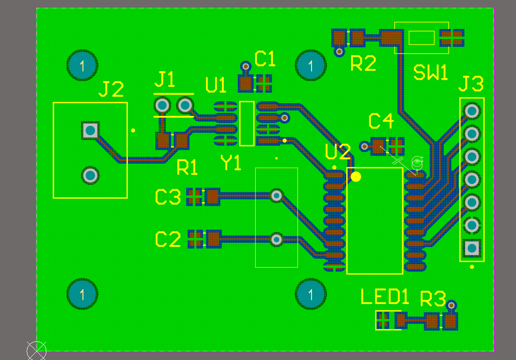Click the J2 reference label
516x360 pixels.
111,89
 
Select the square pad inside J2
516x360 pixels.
90,131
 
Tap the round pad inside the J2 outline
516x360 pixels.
90,176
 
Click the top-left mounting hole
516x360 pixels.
82,65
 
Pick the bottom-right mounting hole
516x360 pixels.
311,294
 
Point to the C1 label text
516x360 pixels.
265,59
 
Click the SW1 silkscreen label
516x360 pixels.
431,72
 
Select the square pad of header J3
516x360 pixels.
472,248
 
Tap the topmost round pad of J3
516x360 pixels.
472,111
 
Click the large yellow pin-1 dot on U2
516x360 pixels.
356,177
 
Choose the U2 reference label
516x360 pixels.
338,152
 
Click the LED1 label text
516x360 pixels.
385,296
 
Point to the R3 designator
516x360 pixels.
433,299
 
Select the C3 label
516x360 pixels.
168,197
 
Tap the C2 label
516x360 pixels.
168,239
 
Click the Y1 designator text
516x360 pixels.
231,162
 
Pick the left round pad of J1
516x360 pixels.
162,105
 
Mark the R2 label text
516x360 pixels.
363,63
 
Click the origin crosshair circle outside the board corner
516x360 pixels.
36,351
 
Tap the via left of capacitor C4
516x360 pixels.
364,146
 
